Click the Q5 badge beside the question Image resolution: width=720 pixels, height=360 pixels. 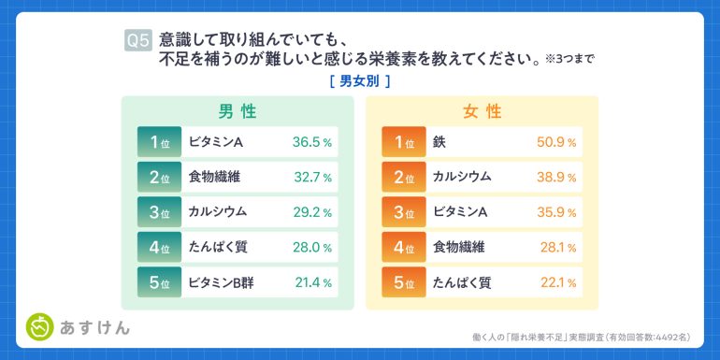pyautogui.click(x=137, y=41)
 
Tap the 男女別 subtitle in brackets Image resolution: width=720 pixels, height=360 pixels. pyautogui.click(x=360, y=81)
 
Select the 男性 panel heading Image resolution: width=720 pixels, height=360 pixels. pyautogui.click(x=237, y=111)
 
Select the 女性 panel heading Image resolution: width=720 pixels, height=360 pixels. pyautogui.click(x=482, y=111)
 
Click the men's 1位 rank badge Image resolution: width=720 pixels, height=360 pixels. pyautogui.click(x=159, y=142)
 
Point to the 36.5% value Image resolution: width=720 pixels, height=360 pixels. pyautogui.click(x=311, y=142)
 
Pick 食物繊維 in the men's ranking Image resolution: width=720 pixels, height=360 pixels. pyautogui.click(x=214, y=178)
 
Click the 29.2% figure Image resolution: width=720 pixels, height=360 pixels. pyautogui.click(x=312, y=212)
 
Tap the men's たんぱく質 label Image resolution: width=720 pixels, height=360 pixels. pyautogui.click(x=218, y=248)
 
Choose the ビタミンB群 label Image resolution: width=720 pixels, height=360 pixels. pyautogui.click(x=221, y=282)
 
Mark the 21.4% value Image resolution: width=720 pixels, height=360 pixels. pyautogui.click(x=312, y=283)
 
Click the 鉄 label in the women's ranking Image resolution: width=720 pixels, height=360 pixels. pyautogui.click(x=439, y=142)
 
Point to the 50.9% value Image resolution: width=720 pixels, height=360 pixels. pyautogui.click(x=556, y=142)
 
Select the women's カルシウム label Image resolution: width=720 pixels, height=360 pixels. pyautogui.click(x=462, y=178)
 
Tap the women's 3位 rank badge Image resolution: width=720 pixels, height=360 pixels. pyautogui.click(x=404, y=212)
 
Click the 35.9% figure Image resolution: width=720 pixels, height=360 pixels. pyautogui.click(x=556, y=212)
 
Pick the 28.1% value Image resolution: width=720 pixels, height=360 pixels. pyautogui.click(x=558, y=248)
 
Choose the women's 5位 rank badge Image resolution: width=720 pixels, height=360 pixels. pyautogui.click(x=404, y=282)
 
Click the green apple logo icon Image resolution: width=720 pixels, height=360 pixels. pyautogui.click(x=40, y=327)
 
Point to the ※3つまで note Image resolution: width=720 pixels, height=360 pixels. pyautogui.click(x=570, y=60)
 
